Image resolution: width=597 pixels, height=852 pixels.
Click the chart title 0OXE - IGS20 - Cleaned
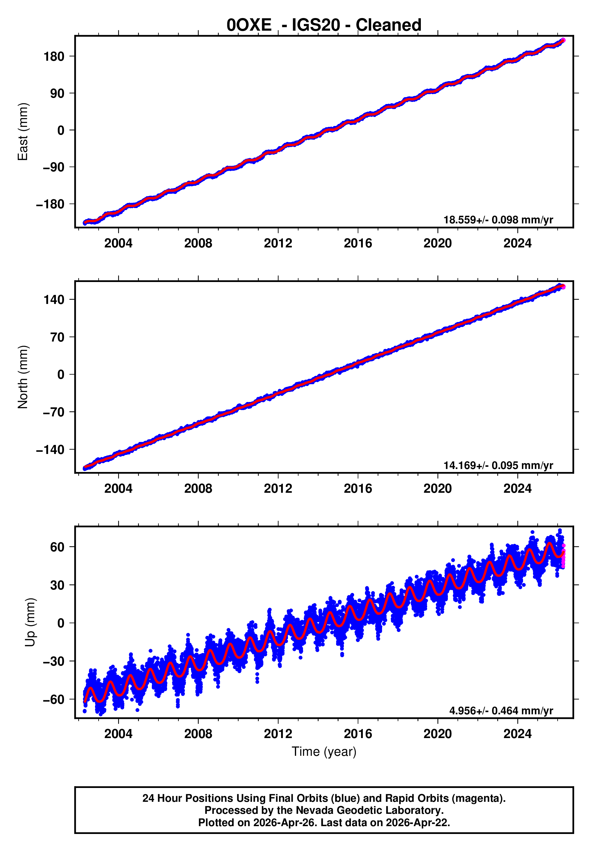point(324,25)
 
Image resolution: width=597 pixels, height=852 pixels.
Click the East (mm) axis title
point(23,132)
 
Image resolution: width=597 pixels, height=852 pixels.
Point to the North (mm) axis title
point(23,377)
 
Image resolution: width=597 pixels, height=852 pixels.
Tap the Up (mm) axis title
point(30,622)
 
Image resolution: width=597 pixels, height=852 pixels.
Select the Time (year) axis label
point(324,751)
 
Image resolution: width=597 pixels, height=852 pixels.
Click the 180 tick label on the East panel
point(54,57)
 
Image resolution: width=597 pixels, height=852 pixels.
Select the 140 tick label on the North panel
point(54,299)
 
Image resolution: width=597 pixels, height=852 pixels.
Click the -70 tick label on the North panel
point(54,412)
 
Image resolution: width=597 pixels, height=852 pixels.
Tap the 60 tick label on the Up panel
point(57,547)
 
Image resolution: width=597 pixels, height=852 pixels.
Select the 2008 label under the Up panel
point(198,734)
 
